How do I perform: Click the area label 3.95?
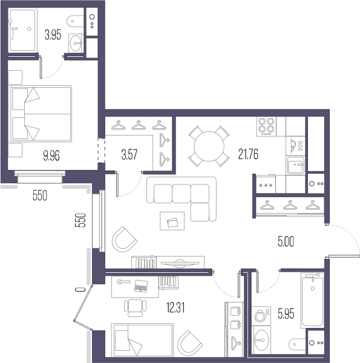pos(53,35)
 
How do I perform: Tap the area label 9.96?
pos(51,155)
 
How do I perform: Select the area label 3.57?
pos(129,154)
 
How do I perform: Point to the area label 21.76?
pos(248,154)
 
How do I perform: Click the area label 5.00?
pos(286,241)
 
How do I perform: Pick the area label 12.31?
pos(175,308)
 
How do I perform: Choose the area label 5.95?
pos(286,314)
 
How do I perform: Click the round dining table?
pos(209,146)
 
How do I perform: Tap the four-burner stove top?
pos(266,126)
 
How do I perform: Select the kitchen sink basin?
pos(295,166)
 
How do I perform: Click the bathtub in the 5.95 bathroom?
pos(312,301)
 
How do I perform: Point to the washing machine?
pos(261,316)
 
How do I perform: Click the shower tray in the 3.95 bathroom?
pos(22,30)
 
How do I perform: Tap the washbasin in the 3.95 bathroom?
pos(76,43)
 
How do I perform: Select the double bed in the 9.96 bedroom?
pos(41,114)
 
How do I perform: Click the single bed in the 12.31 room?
pos(142,340)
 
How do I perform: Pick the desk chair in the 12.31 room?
pos(135,308)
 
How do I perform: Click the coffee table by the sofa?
pos(172,221)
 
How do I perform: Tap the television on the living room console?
pos(180,263)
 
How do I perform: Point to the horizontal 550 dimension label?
pos(40,195)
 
